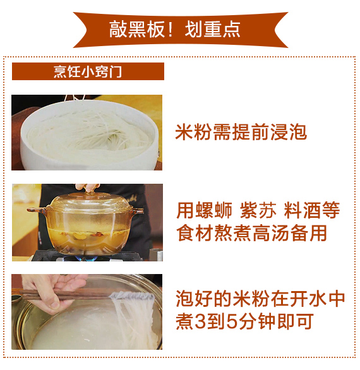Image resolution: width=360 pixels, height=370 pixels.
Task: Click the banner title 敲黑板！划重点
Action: (x=175, y=29)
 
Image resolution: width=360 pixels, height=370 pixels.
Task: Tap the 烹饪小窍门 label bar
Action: (x=88, y=71)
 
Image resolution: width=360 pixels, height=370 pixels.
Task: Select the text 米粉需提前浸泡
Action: (x=241, y=132)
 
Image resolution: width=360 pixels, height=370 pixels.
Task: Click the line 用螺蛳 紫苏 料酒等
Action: (x=258, y=210)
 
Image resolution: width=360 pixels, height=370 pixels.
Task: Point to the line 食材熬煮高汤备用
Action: (x=251, y=233)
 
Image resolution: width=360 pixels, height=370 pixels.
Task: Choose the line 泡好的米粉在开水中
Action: (x=260, y=299)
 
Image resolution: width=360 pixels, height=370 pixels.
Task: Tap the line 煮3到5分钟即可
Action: (x=244, y=321)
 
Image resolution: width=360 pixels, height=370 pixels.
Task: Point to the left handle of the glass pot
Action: (x=37, y=210)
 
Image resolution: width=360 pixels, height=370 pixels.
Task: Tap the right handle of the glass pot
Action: (x=138, y=210)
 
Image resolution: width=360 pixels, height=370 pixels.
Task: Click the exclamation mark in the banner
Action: (x=170, y=29)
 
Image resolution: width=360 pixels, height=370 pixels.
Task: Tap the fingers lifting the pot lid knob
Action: (x=87, y=187)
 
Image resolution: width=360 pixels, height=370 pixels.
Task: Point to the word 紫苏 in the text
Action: (x=258, y=210)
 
